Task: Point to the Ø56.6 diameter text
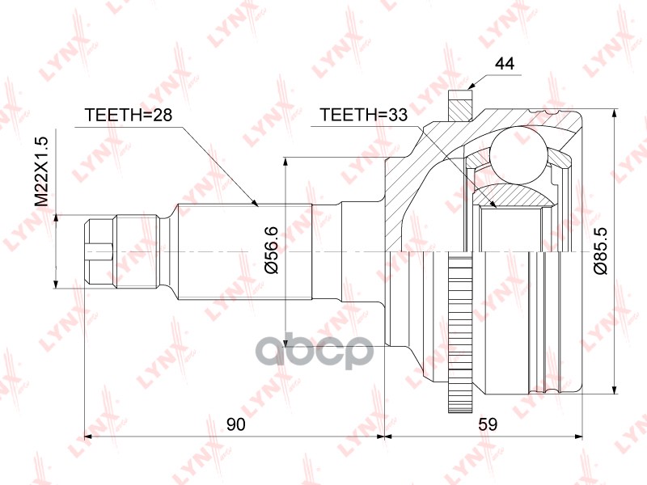[272, 247]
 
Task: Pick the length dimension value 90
[235, 424]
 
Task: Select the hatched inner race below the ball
[514, 195]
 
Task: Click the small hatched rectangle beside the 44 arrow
[459, 108]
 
